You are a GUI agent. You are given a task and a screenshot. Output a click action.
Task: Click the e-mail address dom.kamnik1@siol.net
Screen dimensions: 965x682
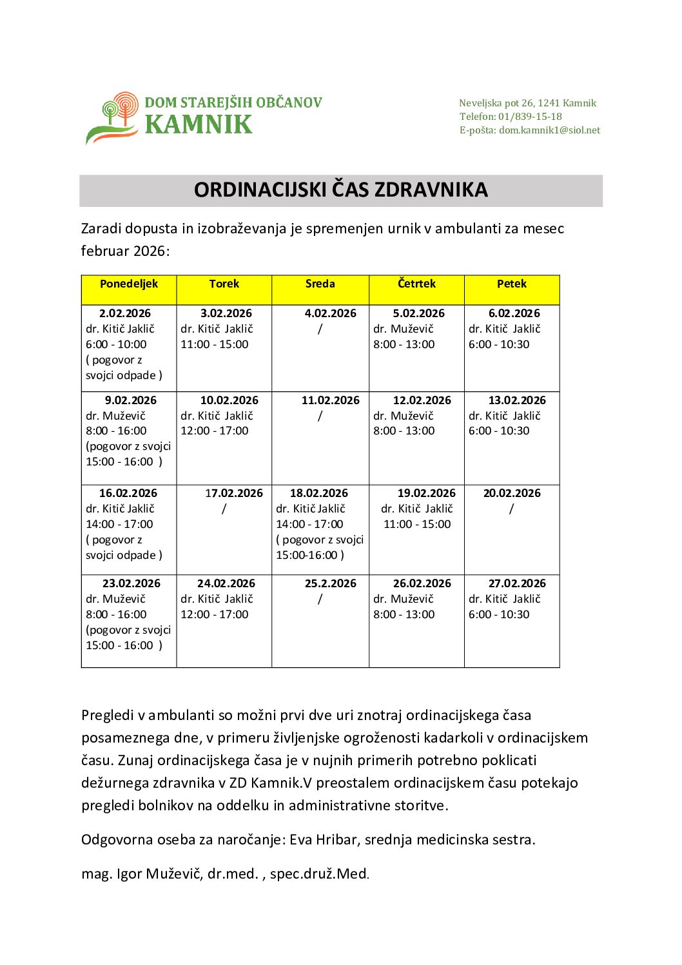[x=549, y=130]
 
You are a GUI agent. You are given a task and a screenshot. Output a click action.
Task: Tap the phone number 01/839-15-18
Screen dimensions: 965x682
[x=529, y=117]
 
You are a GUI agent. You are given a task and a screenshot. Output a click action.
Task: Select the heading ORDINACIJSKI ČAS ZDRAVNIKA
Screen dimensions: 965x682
[x=340, y=190]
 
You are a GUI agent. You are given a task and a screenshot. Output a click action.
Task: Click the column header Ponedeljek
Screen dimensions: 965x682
[x=129, y=284]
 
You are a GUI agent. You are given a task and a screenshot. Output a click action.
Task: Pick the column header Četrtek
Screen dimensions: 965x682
[x=416, y=284]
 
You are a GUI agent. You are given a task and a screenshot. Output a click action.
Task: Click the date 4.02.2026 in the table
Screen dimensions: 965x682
[x=330, y=314]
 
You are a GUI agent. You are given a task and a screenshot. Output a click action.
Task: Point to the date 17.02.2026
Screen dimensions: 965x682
[x=233, y=494]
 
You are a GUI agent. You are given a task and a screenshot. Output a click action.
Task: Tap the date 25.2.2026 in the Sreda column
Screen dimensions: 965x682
[x=330, y=584]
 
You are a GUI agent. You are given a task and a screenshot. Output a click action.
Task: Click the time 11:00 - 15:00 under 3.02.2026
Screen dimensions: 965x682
[x=214, y=345]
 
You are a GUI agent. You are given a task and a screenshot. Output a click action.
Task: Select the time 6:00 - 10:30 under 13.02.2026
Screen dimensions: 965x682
[x=499, y=431]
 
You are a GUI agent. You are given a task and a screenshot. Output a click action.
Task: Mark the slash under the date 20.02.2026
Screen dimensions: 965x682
[x=511, y=509]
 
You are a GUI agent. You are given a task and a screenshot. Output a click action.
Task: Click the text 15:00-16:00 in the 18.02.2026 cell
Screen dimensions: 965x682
[x=307, y=556]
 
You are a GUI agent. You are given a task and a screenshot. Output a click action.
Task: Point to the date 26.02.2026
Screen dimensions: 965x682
[x=422, y=584]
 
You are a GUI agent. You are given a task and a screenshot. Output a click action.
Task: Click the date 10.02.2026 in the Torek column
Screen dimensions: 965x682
[x=229, y=401]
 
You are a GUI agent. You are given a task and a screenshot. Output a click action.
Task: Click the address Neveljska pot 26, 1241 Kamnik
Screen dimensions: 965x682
[x=527, y=103]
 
